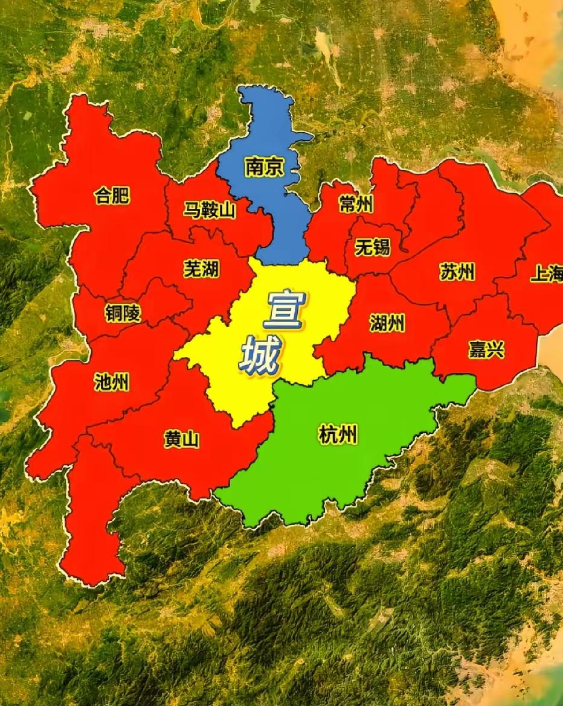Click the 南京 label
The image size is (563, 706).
tap(264, 167)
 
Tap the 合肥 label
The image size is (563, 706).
tap(112, 196)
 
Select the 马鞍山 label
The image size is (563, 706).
tap(210, 211)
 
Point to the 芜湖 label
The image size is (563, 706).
tap(201, 269)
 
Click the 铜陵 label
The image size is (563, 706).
tap(123, 312)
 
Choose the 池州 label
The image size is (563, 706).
tap(112, 381)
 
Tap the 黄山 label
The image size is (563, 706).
tap(181, 440)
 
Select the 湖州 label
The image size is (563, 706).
tap(387, 324)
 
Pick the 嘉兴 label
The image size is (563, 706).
tap(486, 349)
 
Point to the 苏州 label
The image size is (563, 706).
tap(457, 272)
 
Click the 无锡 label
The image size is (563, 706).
tap(372, 247)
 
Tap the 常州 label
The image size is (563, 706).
tap(356, 205)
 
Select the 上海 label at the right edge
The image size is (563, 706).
tap(546, 275)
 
